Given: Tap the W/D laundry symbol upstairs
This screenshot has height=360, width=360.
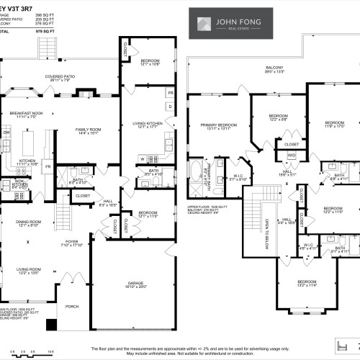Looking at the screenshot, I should pos(292,155).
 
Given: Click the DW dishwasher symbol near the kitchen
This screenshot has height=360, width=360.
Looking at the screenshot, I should pos(6,133).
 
